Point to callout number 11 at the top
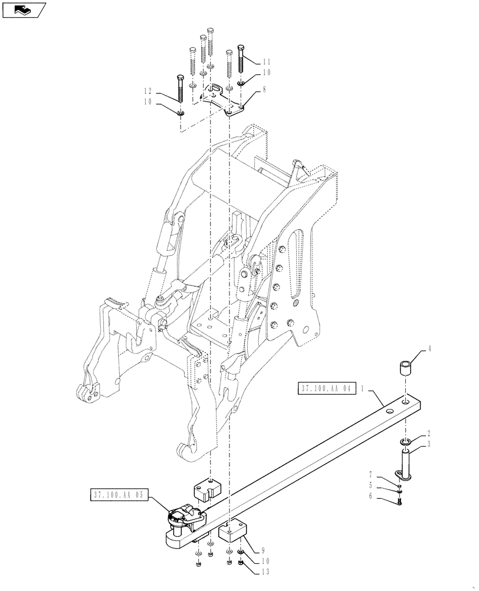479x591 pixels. coord(266,61)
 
